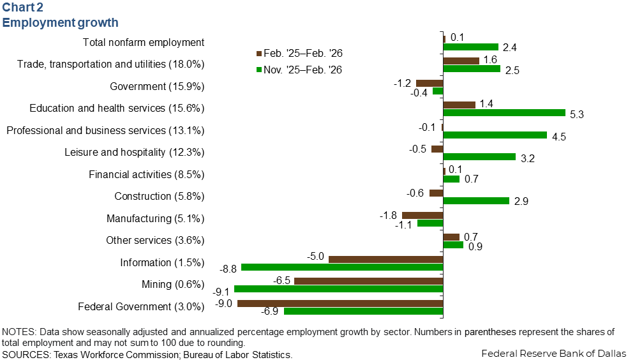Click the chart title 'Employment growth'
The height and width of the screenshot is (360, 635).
tap(61, 23)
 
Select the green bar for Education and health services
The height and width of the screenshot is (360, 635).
tap(504, 113)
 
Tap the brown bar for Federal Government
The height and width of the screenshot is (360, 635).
tap(340, 303)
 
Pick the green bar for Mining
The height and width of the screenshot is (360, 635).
tap(339, 289)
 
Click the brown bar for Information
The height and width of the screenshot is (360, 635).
tap(385, 259)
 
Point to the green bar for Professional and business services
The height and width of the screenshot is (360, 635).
tap(495, 135)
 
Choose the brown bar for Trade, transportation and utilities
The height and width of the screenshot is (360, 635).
tap(461, 61)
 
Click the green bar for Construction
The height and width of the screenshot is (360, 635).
tap(476, 201)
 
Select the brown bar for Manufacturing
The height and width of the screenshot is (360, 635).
tap(422, 215)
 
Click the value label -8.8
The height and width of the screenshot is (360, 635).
tap(228, 268)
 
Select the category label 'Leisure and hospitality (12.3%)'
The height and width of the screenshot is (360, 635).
tap(134, 153)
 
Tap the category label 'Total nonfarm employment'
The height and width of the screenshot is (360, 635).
tap(144, 43)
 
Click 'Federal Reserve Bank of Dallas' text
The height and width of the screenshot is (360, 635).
tap(553, 353)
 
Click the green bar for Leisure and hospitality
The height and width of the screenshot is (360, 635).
tap(479, 157)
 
